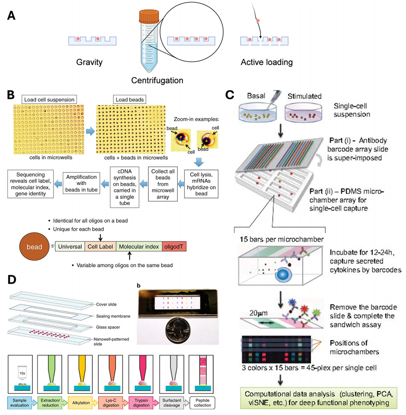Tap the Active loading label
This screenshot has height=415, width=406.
click(x=267, y=62)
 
